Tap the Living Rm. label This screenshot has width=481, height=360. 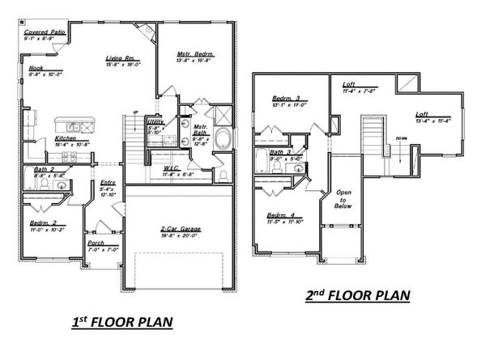120,58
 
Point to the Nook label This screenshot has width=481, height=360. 36,68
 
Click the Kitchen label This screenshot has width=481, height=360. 66,138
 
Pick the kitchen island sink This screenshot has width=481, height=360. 73,126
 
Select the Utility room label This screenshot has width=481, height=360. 156,121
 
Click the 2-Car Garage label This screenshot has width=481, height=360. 181,229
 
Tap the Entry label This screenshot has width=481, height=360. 108,182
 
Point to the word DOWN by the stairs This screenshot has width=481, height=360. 400,137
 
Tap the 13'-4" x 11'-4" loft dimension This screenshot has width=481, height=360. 434,121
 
